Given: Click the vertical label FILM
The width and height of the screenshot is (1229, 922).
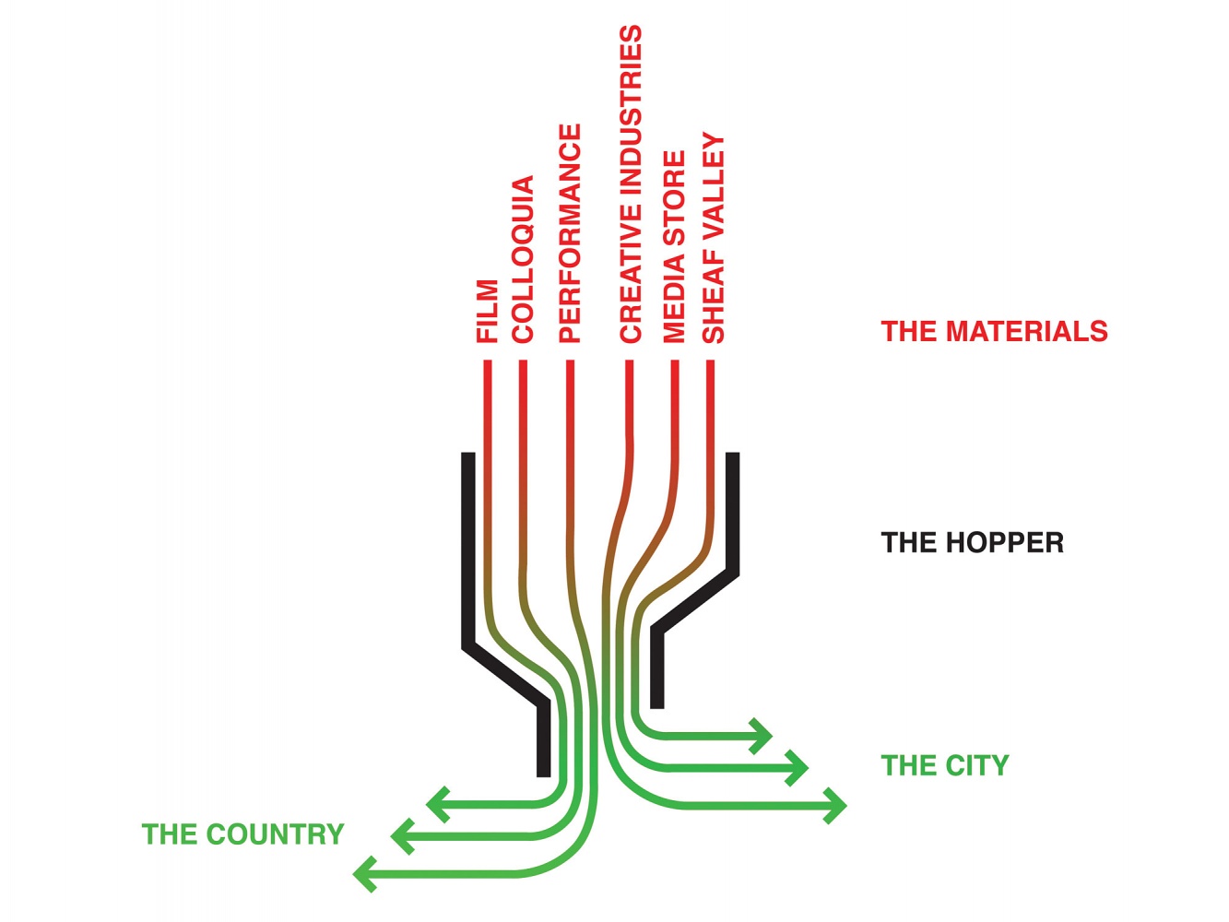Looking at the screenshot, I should click(487, 312).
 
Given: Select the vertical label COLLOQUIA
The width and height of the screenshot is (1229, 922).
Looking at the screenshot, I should click(523, 260).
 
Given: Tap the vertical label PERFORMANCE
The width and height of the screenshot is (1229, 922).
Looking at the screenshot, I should click(570, 233).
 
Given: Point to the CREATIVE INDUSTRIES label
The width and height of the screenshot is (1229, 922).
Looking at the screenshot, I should click(630, 184).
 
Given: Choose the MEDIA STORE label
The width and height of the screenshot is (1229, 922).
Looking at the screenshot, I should click(674, 246).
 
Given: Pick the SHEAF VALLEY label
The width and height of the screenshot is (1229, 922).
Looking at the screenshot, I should click(714, 238).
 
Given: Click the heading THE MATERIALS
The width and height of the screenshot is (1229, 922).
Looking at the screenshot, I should click(994, 331).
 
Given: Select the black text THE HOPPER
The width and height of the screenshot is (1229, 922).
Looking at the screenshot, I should click(972, 542).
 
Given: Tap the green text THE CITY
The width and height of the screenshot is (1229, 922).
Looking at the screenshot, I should click(945, 765).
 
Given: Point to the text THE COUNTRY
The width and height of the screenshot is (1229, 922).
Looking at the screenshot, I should click(242, 834).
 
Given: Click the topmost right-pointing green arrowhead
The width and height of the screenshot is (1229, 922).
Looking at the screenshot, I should click(762, 736).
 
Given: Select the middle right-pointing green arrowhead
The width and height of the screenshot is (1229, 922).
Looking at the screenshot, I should click(798, 767).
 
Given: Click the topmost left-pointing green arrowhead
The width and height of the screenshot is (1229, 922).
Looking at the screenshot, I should click(436, 805).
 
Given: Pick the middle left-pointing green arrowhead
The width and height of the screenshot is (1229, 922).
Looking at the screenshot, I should click(402, 836).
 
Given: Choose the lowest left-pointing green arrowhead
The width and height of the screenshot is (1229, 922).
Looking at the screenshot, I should click(365, 873).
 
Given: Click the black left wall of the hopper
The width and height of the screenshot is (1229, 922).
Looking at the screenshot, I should click(468, 553).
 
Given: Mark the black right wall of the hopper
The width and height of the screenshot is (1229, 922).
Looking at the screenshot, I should click(733, 516).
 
